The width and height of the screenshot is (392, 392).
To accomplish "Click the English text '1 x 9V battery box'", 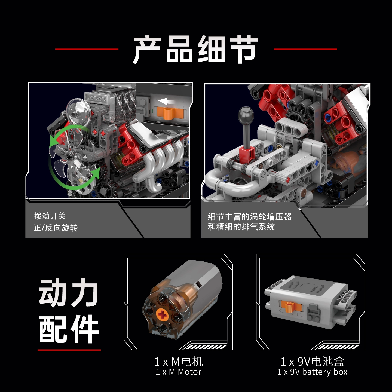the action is click(312, 372).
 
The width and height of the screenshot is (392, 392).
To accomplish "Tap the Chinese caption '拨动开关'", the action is click(50, 216).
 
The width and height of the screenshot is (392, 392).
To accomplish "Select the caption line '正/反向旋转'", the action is click(56, 228).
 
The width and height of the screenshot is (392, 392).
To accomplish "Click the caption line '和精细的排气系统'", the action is click(241, 226).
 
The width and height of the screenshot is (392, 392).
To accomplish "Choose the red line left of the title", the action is click(87, 49).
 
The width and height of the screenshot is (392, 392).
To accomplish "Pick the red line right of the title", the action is click(305, 49).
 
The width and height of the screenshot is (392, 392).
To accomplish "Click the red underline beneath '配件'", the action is click(69, 350).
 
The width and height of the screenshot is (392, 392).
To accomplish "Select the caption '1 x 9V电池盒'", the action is click(313, 361).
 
